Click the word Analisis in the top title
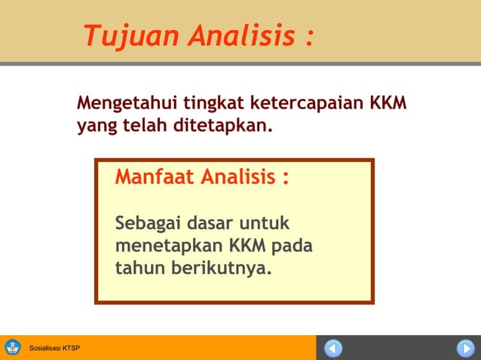tap(240, 35)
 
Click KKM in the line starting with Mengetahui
tap(388, 102)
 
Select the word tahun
tap(138, 267)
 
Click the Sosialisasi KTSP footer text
tap(54, 349)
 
